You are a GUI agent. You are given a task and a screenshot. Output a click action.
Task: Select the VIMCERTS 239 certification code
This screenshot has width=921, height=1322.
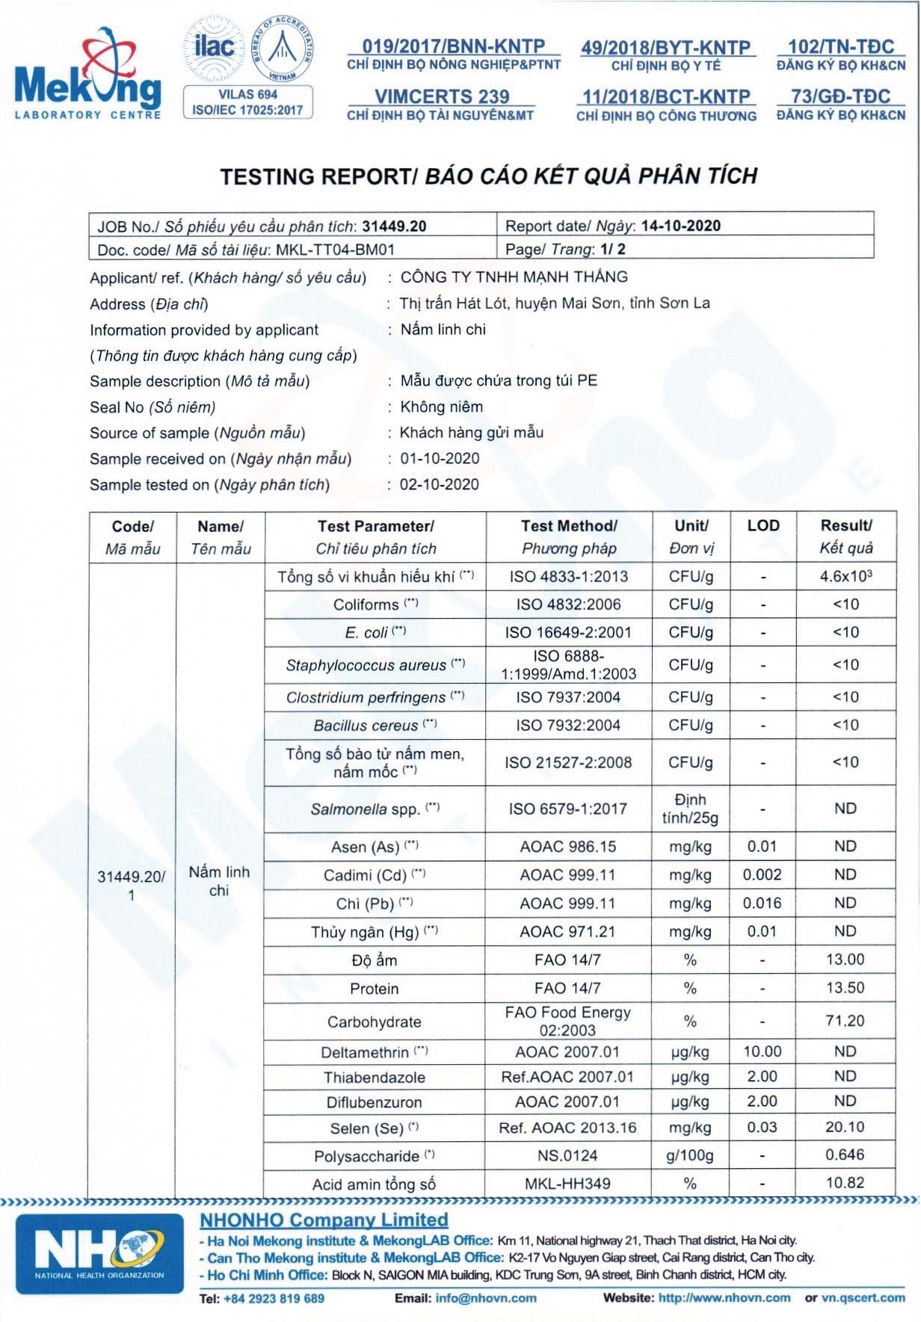pyautogui.click(x=441, y=97)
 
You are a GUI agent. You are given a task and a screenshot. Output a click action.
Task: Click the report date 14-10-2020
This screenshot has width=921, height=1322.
pyautogui.click(x=680, y=226)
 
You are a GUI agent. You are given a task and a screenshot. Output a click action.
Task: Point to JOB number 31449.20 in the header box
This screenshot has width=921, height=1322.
pyautogui.click(x=394, y=226)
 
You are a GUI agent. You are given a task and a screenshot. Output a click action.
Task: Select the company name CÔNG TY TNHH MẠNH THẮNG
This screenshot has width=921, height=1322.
pyautogui.click(x=514, y=277)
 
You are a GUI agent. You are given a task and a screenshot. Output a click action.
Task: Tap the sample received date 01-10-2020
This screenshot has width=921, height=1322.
pyautogui.click(x=440, y=459)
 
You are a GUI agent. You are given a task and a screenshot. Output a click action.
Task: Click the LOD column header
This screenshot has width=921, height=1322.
pyautogui.click(x=763, y=526)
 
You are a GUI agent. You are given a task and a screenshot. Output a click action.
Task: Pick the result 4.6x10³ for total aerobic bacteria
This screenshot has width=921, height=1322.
pyautogui.click(x=845, y=576)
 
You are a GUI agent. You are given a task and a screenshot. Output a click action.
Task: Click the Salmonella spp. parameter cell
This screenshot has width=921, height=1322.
pyautogui.click(x=375, y=809)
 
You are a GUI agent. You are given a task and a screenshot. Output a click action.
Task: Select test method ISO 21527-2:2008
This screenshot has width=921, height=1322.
pyautogui.click(x=568, y=762)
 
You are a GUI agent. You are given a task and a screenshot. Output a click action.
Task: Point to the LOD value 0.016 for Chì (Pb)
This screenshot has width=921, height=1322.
pyautogui.click(x=763, y=904)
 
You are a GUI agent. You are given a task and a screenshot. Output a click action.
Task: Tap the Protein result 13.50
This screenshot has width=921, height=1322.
pyautogui.click(x=845, y=988)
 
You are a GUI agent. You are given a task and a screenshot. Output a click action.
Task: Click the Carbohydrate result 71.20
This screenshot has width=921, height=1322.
pyautogui.click(x=845, y=1021)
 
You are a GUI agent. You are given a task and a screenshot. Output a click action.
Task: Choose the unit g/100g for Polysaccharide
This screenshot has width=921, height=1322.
pyautogui.click(x=690, y=1156)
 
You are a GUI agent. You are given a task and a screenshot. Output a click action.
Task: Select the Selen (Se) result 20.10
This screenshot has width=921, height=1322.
pyautogui.click(x=845, y=1128)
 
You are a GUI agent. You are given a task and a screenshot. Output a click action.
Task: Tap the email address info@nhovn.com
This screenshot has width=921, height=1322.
pyautogui.click(x=486, y=1298)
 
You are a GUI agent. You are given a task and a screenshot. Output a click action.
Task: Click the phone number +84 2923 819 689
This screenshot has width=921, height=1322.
pyautogui.click(x=274, y=1299)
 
